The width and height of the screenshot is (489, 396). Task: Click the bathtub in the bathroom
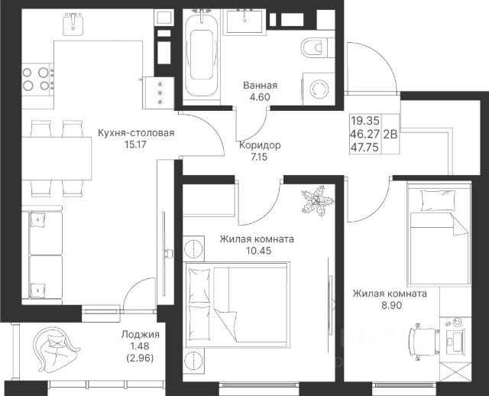tap(202, 54)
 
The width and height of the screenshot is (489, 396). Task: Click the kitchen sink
tap(73, 24)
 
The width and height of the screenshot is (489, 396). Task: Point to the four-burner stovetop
tap(37, 80)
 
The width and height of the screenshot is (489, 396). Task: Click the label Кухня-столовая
tap(136, 133)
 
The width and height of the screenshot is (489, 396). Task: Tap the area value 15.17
tap(135, 144)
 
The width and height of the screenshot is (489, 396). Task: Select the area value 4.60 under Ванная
tap(260, 97)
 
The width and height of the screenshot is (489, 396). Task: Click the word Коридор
tap(260, 145)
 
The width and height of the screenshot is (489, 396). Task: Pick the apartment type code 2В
tap(390, 134)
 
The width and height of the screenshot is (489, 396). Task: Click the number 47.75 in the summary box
tap(365, 147)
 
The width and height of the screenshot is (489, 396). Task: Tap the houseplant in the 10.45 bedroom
tap(318, 201)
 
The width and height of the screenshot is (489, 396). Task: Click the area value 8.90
tap(392, 305)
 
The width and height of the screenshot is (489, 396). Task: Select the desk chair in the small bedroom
tap(425, 342)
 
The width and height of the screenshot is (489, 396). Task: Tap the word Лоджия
tap(141, 335)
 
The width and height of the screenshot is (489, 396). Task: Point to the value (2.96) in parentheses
tap(140, 359)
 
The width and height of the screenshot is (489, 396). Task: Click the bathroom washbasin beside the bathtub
tap(244, 21)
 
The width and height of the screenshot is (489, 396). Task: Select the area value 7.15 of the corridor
tap(259, 157)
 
